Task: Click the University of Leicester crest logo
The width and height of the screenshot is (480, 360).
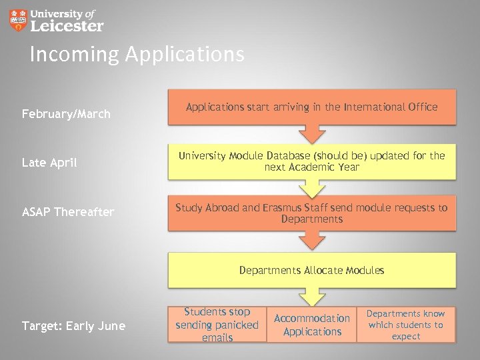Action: click(19, 20)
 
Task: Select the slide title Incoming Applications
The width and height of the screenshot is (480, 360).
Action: click(137, 54)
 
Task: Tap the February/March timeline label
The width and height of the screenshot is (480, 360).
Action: click(66, 114)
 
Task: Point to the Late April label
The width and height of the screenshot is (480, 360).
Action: click(49, 162)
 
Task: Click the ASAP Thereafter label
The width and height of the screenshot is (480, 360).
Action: click(67, 212)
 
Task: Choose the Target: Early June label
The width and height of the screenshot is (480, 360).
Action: click(73, 325)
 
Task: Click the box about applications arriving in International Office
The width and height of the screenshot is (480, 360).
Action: click(311, 107)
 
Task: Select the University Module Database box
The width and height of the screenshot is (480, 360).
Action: click(311, 161)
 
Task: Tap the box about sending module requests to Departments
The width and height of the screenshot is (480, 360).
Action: click(311, 213)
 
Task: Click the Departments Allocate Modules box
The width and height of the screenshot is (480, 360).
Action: click(311, 270)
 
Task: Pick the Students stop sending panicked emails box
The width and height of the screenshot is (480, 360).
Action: click(217, 325)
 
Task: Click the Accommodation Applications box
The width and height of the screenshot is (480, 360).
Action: click(311, 325)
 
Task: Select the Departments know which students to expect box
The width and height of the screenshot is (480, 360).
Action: click(405, 325)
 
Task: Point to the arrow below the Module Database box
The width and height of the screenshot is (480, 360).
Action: click(311, 187)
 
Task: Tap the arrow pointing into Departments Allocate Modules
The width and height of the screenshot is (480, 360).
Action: click(311, 241)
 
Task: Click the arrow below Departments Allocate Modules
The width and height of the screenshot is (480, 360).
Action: click(311, 297)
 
